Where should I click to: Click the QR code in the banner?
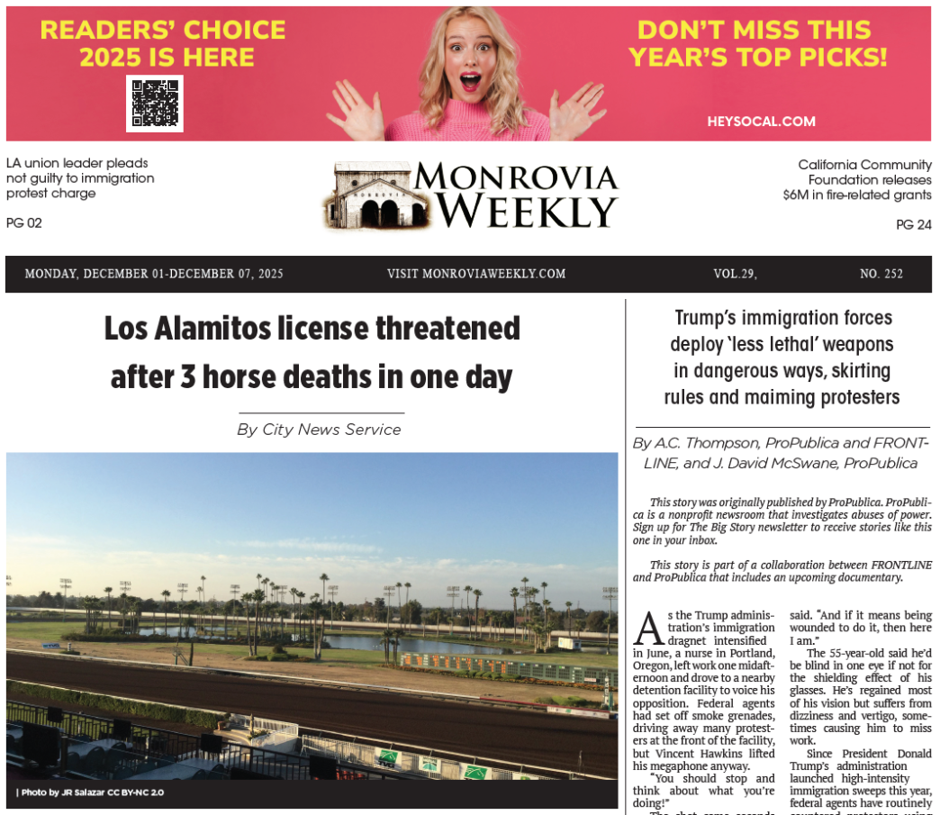coord(154,103)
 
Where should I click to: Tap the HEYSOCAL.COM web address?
coord(761,122)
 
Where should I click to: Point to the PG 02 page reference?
coord(23,223)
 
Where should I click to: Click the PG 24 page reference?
coord(914,225)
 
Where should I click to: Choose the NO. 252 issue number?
coord(881,274)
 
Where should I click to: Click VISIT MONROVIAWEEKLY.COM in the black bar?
coord(476,274)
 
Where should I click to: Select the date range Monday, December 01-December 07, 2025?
coord(154,274)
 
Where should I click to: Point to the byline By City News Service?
coord(319,430)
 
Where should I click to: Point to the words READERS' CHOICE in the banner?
coord(163,31)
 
